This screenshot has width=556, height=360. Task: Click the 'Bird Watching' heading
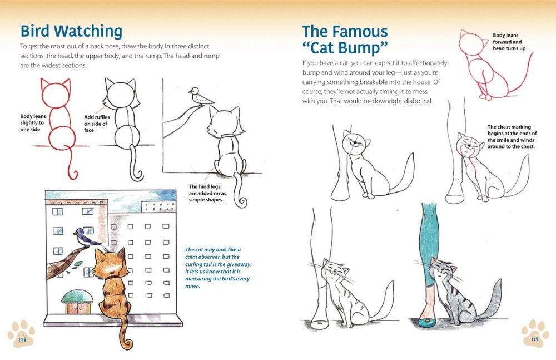click(x=71, y=31)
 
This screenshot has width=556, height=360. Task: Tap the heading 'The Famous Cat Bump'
click(x=345, y=39)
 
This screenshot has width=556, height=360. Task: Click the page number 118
click(x=22, y=339)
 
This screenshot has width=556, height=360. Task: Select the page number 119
click(x=534, y=339)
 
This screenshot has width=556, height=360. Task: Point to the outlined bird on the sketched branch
click(x=200, y=96)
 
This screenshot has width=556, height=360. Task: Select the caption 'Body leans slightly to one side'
click(x=33, y=123)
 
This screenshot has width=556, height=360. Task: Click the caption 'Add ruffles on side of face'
click(x=97, y=124)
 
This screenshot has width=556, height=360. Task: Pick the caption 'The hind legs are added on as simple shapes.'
click(x=207, y=193)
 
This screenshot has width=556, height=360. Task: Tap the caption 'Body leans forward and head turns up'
click(x=509, y=42)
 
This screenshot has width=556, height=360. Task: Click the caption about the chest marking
click(x=512, y=137)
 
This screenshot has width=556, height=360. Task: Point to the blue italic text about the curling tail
click(x=218, y=268)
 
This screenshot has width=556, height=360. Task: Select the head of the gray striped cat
click(x=443, y=270)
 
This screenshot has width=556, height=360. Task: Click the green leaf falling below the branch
click(x=78, y=263)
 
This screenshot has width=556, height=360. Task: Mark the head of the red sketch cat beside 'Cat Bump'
click(x=472, y=43)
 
